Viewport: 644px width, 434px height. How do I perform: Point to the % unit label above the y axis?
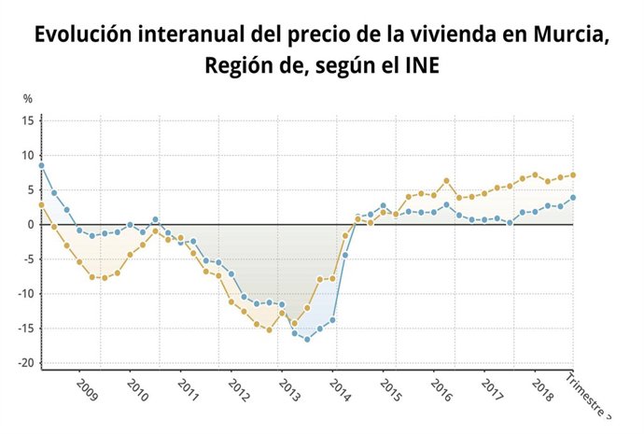pos(28,99)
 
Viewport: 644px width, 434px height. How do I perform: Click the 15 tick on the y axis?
pos(28,120)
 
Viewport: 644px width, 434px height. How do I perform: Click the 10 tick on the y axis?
pos(28,155)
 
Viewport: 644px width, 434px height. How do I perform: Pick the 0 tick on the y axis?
pos(32,224)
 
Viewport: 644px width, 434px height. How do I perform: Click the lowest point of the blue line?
pos(307,339)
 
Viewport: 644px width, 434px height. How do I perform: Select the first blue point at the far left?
pos(41,165)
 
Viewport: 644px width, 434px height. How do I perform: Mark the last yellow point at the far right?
pos(573,175)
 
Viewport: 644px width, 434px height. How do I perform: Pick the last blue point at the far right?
pos(573,197)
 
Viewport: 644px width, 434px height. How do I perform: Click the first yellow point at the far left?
pos(41,204)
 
